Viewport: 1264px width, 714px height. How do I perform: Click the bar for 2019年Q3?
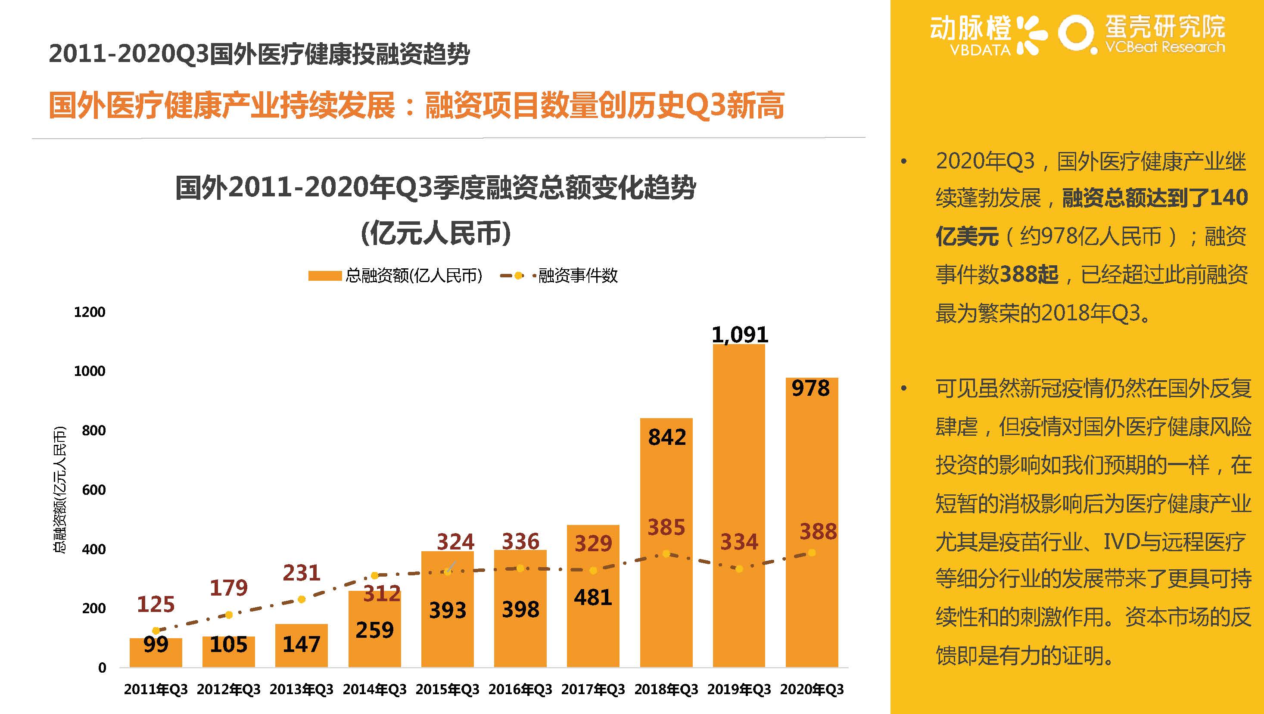pyautogui.click(x=738, y=505)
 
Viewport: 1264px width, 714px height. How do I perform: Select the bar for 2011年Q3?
pyautogui.click(x=156, y=653)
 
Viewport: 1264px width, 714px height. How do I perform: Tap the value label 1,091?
pyautogui.click(x=739, y=335)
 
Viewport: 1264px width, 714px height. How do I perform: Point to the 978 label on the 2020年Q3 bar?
pyautogui.click(x=811, y=388)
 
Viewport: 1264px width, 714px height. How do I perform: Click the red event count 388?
pyautogui.click(x=818, y=531)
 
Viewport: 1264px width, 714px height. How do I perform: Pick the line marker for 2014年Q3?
pyautogui.click(x=374, y=575)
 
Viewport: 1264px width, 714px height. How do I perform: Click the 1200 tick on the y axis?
pyautogui.click(x=89, y=312)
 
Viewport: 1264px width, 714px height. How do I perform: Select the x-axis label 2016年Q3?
pyautogui.click(x=520, y=689)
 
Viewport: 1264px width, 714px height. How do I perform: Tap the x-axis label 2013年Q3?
pyautogui.click(x=301, y=689)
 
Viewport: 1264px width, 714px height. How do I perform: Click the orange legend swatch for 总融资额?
pyautogui.click(x=324, y=276)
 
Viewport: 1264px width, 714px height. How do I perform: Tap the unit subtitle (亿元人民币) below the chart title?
pyautogui.click(x=435, y=233)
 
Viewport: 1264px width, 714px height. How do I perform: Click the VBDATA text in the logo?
pyautogui.click(x=980, y=50)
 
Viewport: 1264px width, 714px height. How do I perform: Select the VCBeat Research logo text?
pyautogui.click(x=1164, y=47)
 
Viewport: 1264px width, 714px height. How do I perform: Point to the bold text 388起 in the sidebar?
pyautogui.click(x=1028, y=274)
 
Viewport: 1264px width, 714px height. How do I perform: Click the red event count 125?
pyautogui.click(x=156, y=605)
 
